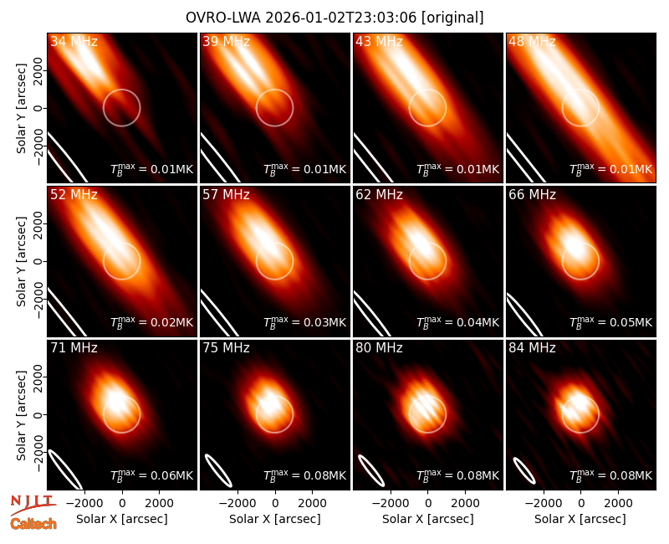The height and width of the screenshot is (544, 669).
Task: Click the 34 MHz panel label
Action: tap(74, 41)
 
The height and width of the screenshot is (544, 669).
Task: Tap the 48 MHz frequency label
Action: tap(532, 41)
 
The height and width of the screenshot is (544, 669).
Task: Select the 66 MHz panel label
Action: tap(532, 195)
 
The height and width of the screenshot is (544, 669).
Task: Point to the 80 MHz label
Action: tap(380, 348)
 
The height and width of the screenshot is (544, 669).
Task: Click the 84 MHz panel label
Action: tap(532, 348)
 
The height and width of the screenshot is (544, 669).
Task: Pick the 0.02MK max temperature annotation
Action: tap(152, 322)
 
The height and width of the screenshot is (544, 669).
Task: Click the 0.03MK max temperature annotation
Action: tap(304, 322)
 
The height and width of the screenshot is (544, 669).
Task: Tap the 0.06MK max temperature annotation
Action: tap(152, 475)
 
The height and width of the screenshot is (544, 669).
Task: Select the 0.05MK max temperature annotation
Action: tap(610, 322)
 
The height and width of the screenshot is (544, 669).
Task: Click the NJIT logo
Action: tap(33, 506)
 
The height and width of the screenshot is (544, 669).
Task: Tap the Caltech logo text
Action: tap(33, 524)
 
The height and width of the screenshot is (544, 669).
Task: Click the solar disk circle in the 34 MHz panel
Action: tap(121, 90)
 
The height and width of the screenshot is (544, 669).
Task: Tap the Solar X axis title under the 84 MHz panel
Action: tap(580, 519)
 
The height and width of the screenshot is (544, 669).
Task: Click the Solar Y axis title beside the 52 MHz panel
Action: tap(22, 261)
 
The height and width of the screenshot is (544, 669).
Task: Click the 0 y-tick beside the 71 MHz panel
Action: tap(38, 414)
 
